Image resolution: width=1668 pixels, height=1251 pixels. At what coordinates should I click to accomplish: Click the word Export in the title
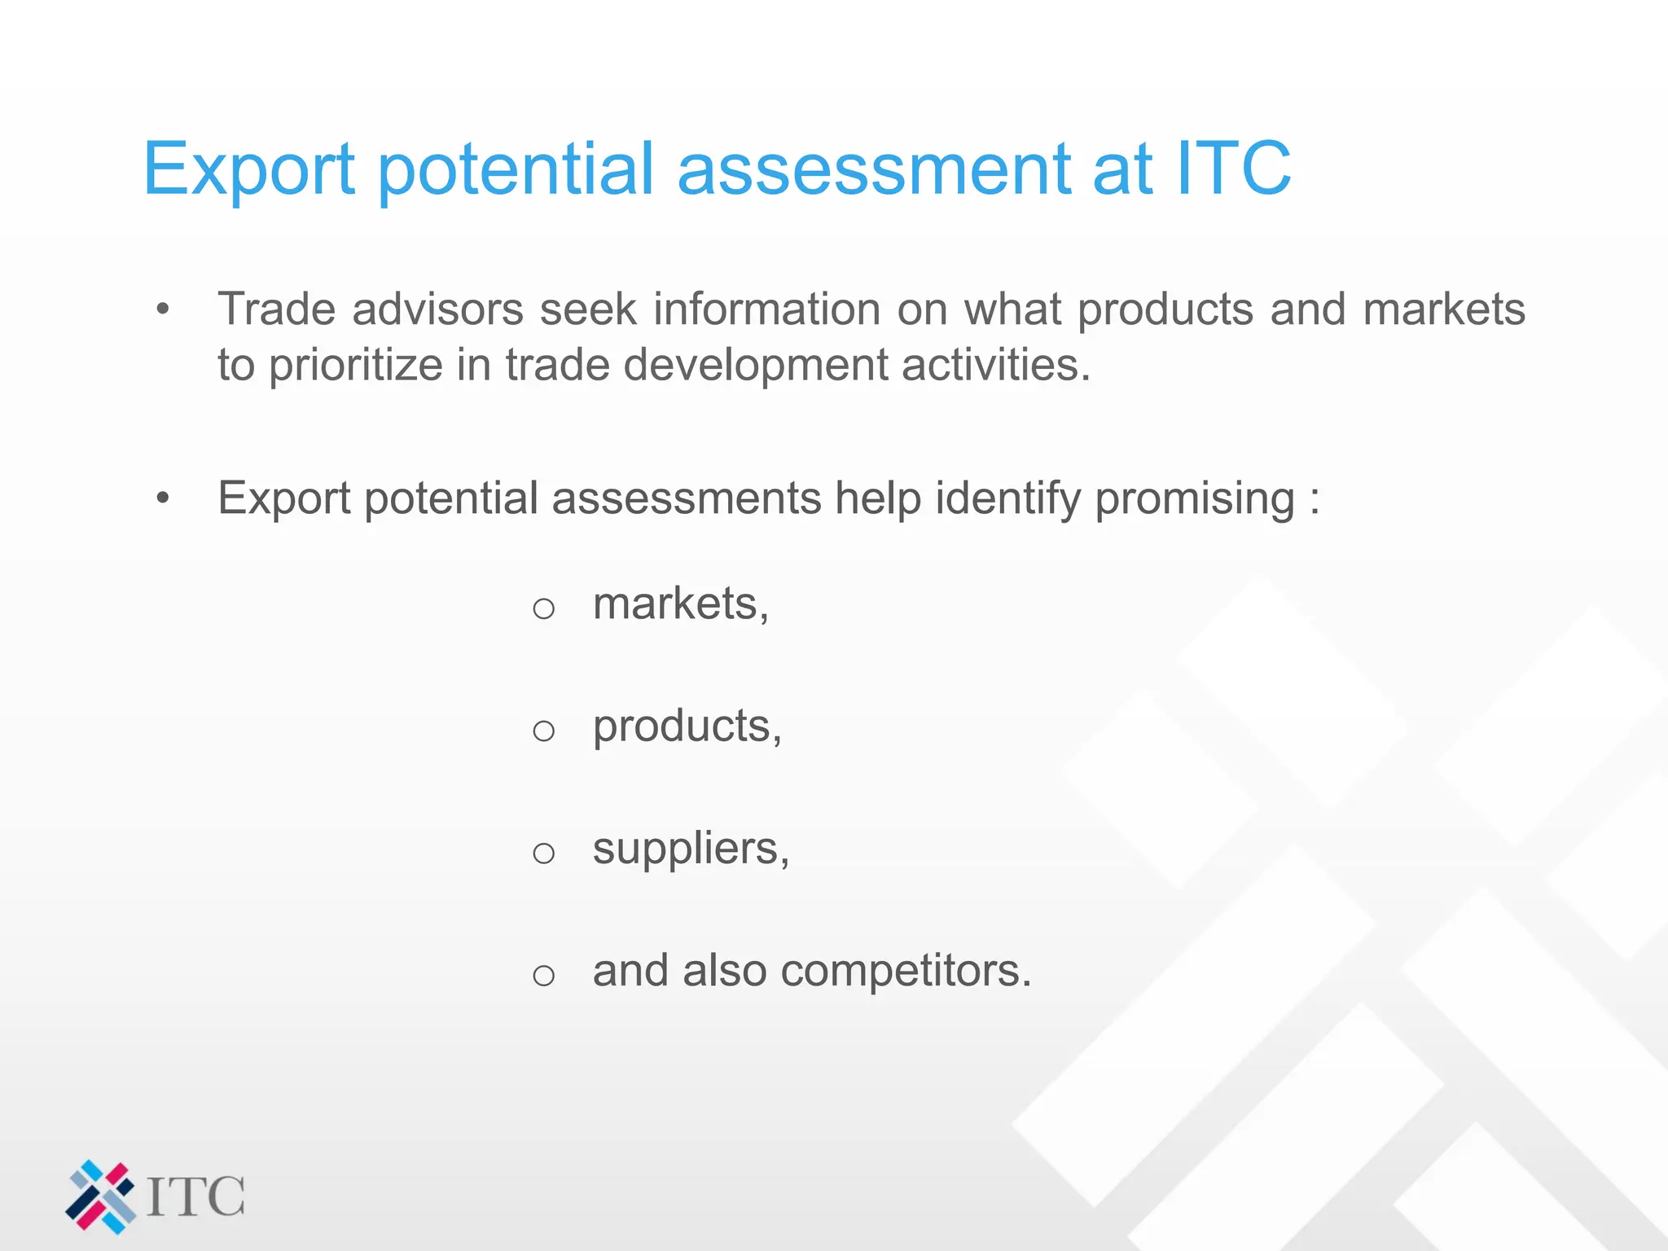(248, 169)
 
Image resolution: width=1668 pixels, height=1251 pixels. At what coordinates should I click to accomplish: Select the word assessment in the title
(874, 169)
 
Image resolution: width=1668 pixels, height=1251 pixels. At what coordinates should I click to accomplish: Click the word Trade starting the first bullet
(276, 309)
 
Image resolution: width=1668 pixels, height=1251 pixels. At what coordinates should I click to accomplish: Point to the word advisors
(437, 309)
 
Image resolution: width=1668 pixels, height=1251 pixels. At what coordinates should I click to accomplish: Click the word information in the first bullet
(766, 309)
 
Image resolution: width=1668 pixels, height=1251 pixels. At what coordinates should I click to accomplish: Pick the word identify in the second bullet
(1007, 498)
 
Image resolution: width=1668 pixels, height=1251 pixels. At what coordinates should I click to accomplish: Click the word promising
(1194, 498)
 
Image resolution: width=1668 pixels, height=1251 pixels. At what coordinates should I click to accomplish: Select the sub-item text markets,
(680, 604)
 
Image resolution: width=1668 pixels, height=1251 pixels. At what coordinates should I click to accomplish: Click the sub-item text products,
(687, 726)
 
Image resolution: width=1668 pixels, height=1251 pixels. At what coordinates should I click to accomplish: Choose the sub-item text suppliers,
(691, 849)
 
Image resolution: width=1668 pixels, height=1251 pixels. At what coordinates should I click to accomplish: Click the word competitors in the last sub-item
(905, 971)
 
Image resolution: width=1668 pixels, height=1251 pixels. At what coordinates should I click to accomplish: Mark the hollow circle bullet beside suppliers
(543, 854)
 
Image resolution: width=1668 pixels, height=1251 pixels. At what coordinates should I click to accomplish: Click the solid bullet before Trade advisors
(163, 309)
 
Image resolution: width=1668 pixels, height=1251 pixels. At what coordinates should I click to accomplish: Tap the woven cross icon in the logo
(100, 1196)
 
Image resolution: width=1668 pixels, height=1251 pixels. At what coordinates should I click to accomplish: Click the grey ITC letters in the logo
(195, 1196)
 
